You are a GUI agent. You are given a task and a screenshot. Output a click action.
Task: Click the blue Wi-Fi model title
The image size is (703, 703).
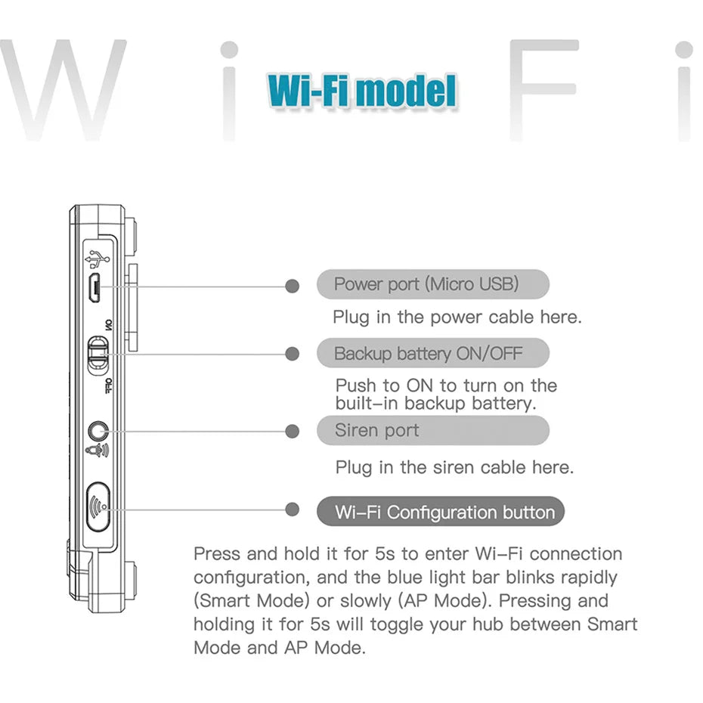pos(362,91)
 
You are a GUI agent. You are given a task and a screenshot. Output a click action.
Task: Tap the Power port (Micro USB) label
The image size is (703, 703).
pos(432,284)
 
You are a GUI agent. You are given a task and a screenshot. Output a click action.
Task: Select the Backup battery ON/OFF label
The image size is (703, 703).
pos(432,353)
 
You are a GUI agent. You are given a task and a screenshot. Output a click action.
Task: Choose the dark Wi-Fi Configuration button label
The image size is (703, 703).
pos(440,512)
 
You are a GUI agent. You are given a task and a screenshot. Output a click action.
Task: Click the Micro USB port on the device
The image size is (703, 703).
pos(94,286)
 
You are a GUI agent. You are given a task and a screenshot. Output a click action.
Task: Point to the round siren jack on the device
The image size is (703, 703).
pos(97,431)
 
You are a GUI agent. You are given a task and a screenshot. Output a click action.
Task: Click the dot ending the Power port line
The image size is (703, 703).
pos(293,286)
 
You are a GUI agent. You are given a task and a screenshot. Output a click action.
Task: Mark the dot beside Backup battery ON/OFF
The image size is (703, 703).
pos(293,353)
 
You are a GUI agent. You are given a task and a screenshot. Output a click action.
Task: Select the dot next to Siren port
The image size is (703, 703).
pos(293,431)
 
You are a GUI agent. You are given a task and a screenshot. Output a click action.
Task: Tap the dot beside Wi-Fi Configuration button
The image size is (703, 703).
pos(293,509)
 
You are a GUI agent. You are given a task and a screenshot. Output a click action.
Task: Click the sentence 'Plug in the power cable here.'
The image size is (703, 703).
pos(457,317)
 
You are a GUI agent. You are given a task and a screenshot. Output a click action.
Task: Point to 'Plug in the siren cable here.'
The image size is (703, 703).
pos(454,467)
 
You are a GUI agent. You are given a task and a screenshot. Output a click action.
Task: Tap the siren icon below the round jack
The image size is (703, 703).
pos(97,451)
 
